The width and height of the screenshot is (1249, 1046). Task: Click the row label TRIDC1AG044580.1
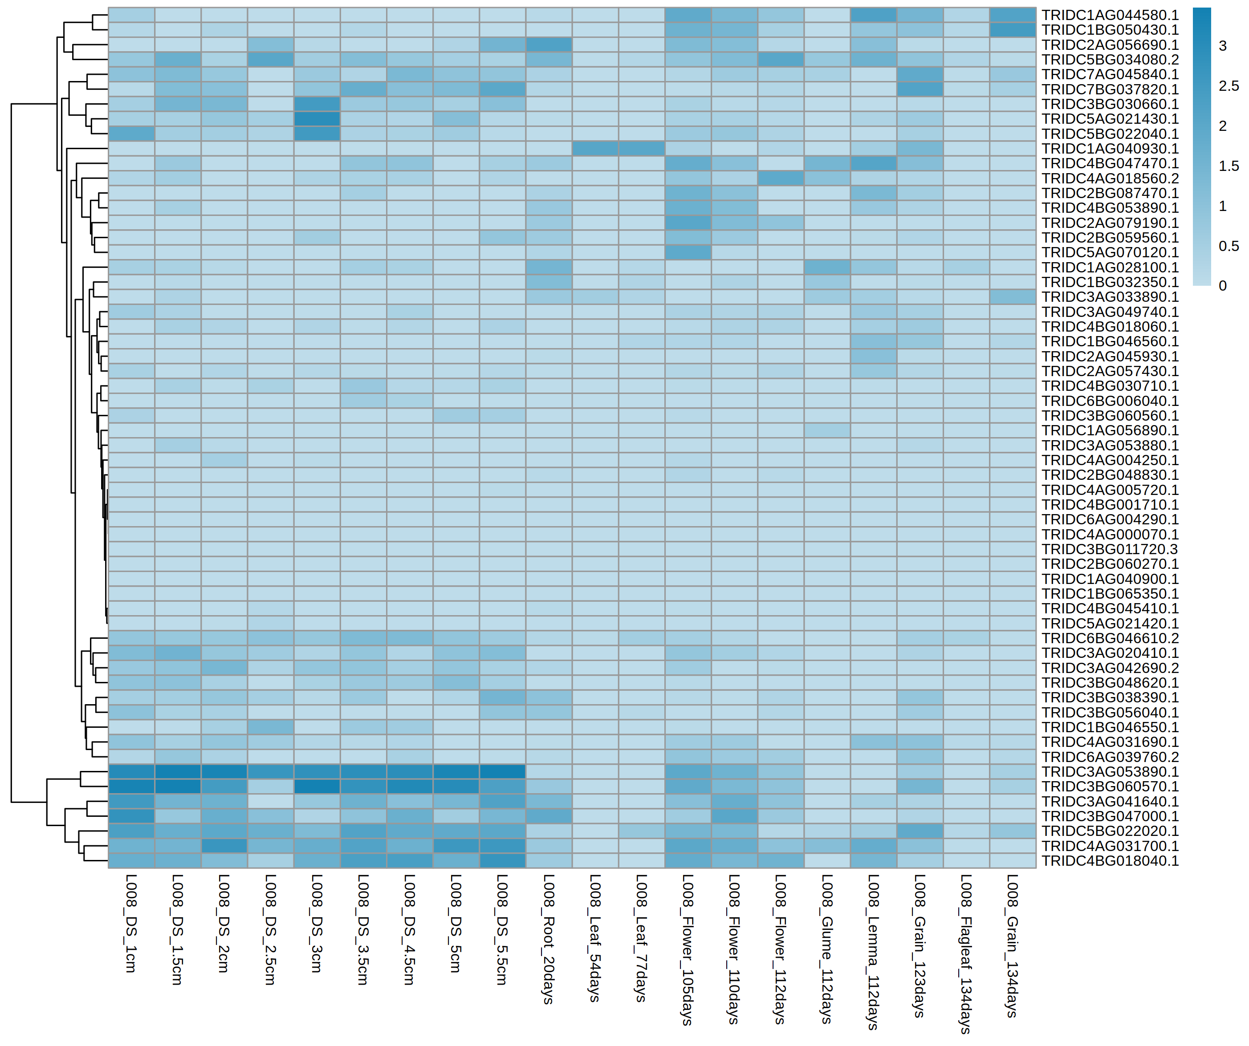[x=1110, y=15]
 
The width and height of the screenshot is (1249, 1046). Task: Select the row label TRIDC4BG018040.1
[x=1110, y=860]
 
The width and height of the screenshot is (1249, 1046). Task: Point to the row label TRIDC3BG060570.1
[x=1110, y=786]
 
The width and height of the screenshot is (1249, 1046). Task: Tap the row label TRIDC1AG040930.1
[x=1110, y=149]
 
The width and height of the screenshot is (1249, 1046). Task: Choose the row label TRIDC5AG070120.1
[x=1110, y=252]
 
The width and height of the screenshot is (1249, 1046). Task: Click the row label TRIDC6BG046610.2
[x=1110, y=638]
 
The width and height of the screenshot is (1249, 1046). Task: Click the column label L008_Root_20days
[x=549, y=939]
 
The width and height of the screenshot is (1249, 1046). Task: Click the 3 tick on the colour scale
[x=1222, y=46]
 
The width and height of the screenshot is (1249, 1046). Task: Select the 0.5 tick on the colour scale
[x=1228, y=246]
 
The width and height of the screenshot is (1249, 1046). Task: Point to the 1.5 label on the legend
[x=1228, y=166]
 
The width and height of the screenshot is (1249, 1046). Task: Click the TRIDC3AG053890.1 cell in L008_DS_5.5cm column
[x=502, y=771]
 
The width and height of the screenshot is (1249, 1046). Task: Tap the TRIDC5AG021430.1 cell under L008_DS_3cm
[x=317, y=119]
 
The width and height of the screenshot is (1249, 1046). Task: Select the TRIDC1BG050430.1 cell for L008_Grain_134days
[x=1012, y=30]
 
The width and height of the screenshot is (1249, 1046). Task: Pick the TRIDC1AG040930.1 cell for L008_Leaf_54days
[x=595, y=149]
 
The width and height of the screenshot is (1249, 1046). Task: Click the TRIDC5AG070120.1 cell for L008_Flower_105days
[x=688, y=252]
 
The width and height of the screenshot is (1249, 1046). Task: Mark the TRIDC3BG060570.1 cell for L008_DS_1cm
[x=131, y=786]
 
